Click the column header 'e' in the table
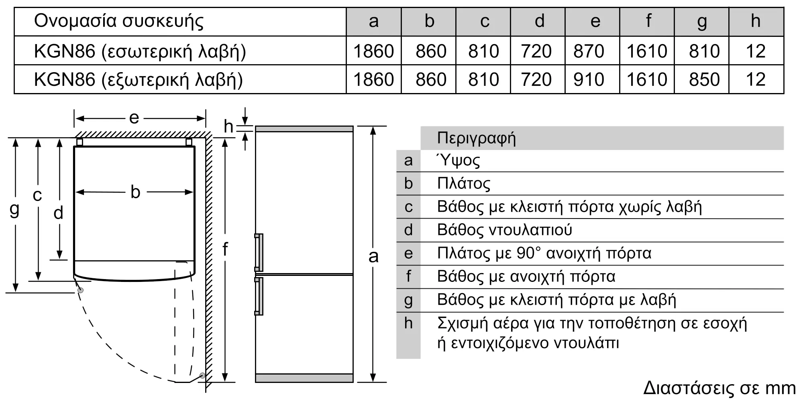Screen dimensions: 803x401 click(595, 21)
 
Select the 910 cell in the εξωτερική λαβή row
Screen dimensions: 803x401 click(589, 79)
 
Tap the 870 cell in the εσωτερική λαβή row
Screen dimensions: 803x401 click(589, 51)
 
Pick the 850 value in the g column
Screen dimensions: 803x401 click(704, 79)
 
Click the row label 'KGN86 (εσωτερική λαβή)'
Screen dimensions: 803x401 click(140, 51)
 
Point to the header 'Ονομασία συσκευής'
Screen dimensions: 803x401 click(119, 21)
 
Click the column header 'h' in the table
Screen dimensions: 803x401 click(756, 21)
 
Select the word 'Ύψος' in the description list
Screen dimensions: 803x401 click(458, 160)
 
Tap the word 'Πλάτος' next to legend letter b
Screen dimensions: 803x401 click(464, 184)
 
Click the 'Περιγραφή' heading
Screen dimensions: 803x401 click(476, 138)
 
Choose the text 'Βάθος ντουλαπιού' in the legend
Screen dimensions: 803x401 click(504, 230)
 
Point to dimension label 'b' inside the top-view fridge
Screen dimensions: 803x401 click(135, 192)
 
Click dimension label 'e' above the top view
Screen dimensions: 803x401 click(134, 118)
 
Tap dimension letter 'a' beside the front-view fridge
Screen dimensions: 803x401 click(373, 256)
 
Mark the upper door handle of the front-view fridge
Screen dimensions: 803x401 click(259, 252)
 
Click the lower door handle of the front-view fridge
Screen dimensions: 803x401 click(259, 296)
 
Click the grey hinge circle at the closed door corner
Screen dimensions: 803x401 click(80, 290)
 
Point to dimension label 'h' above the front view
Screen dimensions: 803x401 click(228, 127)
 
